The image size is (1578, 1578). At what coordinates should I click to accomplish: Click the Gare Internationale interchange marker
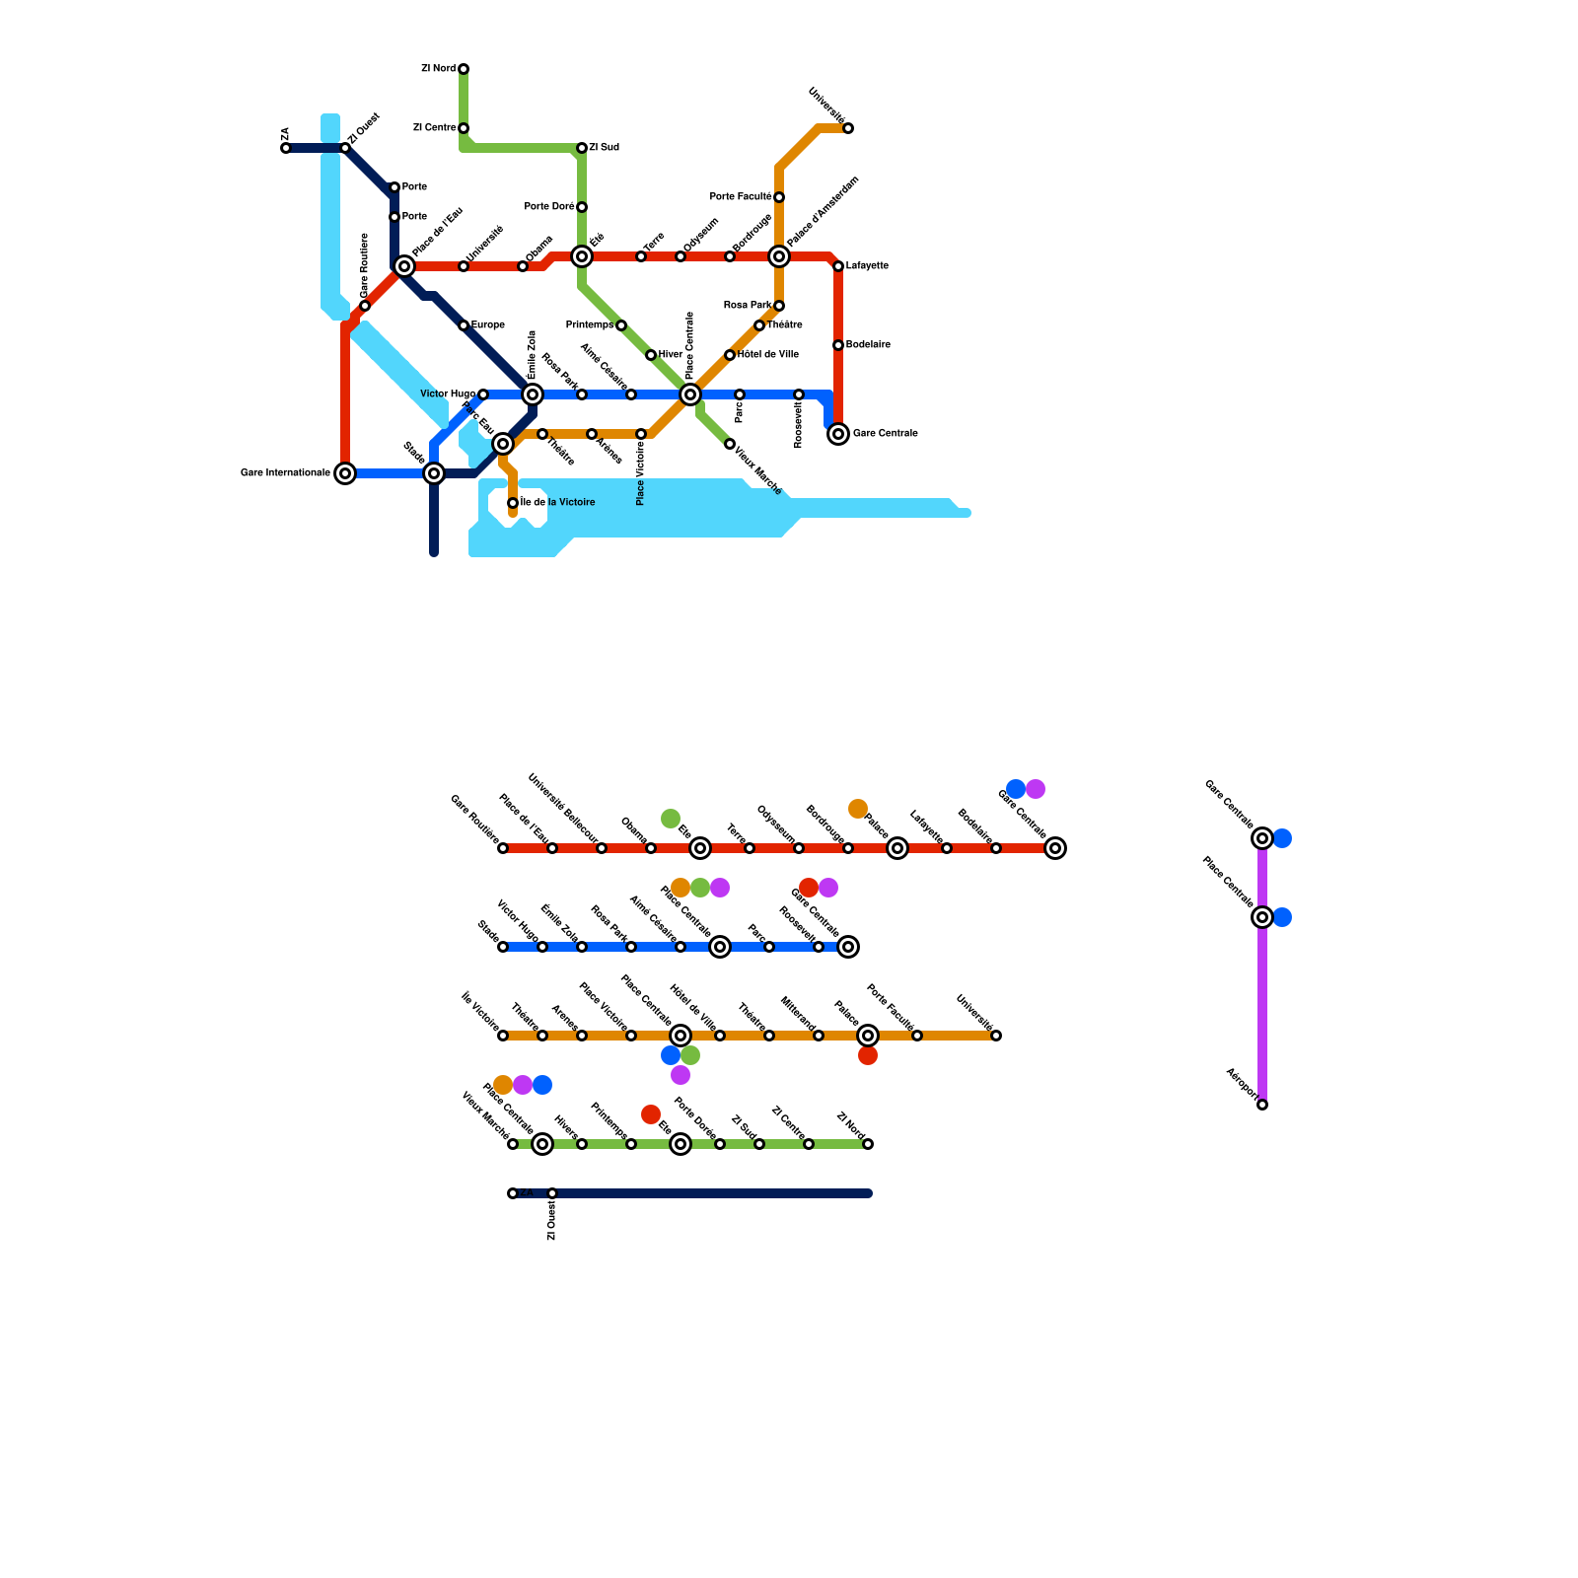coord(345,473)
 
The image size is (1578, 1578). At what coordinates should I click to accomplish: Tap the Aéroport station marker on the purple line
coord(1262,1105)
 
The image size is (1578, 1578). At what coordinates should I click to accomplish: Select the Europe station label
coord(488,325)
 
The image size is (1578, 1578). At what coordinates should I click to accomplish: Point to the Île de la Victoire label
coord(558,503)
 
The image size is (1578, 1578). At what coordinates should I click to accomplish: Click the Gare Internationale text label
coord(285,473)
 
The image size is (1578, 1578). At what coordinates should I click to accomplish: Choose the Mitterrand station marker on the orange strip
coord(819,1036)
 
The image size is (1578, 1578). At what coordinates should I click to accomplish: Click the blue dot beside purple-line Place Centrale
coord(1282,917)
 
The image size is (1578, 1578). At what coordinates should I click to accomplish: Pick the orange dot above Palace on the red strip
coord(858,809)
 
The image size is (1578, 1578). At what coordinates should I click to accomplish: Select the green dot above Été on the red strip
coord(671,819)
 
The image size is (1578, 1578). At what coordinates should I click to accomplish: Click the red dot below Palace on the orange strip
coord(868,1056)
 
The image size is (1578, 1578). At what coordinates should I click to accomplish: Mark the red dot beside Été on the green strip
coord(651,1114)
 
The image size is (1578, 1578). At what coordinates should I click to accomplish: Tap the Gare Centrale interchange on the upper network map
coord(838,434)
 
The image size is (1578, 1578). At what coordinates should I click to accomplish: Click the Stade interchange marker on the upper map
coord(434,473)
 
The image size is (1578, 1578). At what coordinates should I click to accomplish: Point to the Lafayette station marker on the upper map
coord(838,266)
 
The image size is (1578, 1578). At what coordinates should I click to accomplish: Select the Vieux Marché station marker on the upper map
coord(730,444)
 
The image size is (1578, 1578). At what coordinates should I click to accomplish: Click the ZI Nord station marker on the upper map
coord(464,69)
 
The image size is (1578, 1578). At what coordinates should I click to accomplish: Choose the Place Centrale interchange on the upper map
coord(690,394)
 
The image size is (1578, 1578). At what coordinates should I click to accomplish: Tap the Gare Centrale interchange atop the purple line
coord(1262,838)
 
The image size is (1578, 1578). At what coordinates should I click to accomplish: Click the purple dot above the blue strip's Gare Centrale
coord(828,888)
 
